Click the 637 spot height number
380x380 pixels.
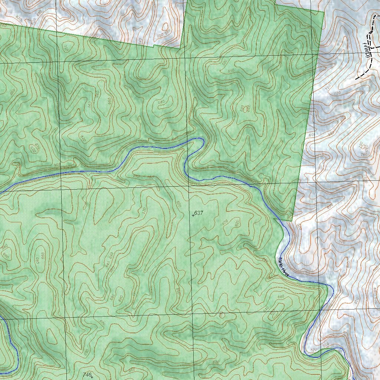click(x=199, y=213)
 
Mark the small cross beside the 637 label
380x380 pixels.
click(x=193, y=215)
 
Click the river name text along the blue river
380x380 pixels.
click(x=283, y=266)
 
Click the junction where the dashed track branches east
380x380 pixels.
click(x=371, y=47)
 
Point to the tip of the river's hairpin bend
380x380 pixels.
click(x=202, y=139)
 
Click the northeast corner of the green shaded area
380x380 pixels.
click(x=324, y=12)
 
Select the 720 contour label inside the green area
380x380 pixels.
click(x=66, y=49)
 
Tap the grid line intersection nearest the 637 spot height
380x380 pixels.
click(x=189, y=186)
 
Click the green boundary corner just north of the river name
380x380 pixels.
click(x=292, y=221)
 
